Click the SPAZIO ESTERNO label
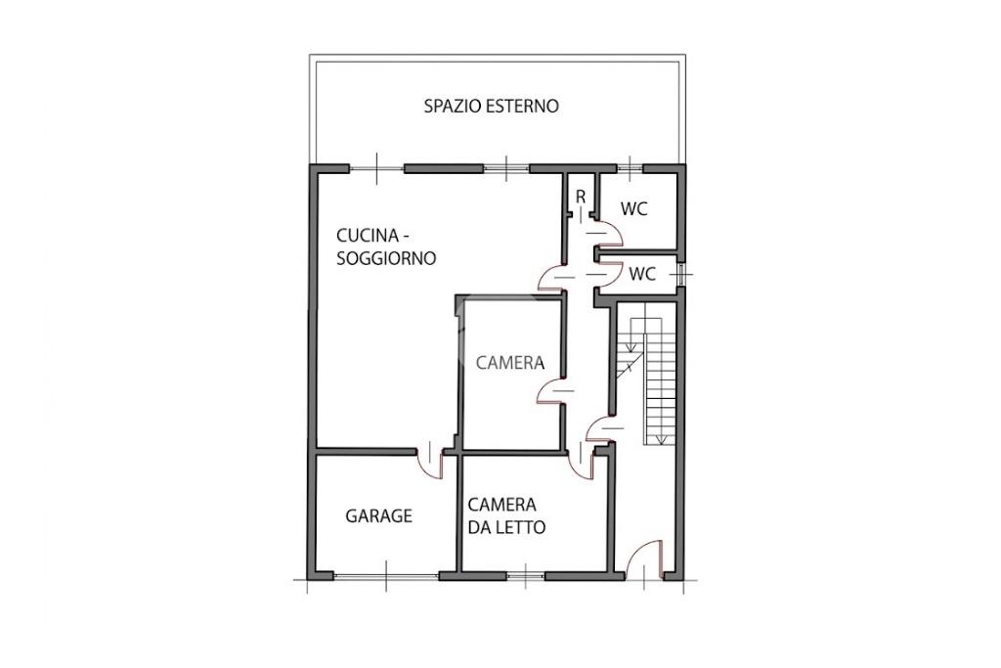pos(491,106)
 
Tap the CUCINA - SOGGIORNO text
pos(385,247)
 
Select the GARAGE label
pos(378,515)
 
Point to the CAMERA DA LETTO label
pos(506,516)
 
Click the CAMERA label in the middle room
pos(510,363)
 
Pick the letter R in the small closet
pos(581,198)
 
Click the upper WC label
pos(633,209)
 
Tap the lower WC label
pos(642,274)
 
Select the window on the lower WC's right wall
pos(682,275)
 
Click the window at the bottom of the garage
pos(385,576)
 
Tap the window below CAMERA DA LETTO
pos(525,576)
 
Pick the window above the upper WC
pos(631,168)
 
